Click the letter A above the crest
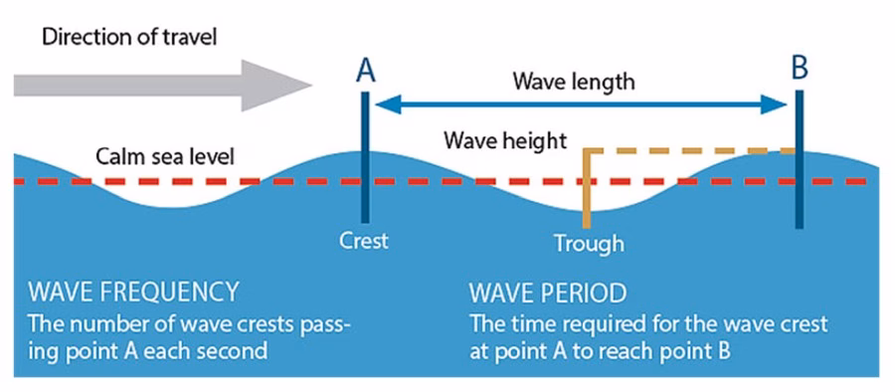[365, 70]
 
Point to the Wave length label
[573, 81]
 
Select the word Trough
[590, 243]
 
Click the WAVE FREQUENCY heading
[133, 293]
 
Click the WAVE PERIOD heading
[547, 293]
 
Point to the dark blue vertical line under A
[366, 159]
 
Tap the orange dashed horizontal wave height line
[696, 151]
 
